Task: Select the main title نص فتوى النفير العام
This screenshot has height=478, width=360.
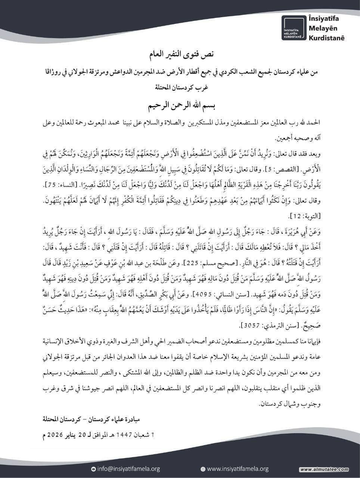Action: [x=180, y=55]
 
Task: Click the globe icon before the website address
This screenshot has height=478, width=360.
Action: [x=203, y=469]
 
